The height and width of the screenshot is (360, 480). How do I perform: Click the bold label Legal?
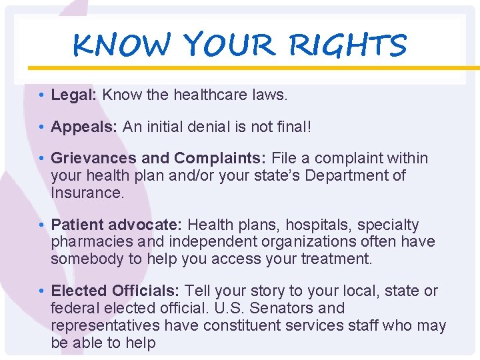pyautogui.click(x=75, y=95)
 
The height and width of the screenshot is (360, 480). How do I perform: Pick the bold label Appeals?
pyautogui.click(x=85, y=127)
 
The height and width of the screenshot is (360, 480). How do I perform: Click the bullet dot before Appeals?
pyautogui.click(x=41, y=127)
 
